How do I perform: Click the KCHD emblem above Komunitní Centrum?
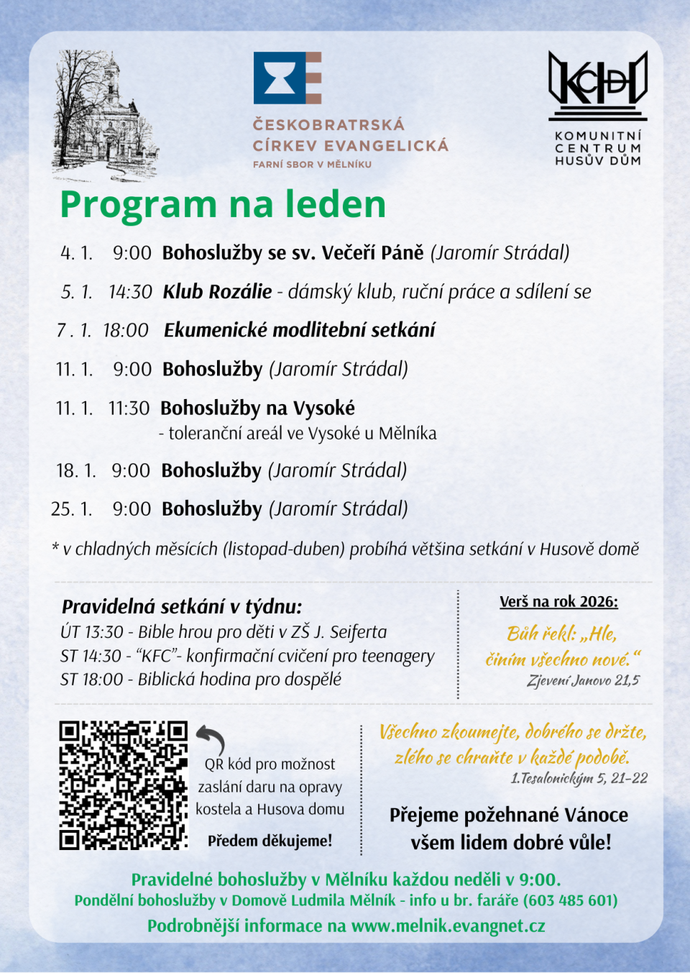point(597,81)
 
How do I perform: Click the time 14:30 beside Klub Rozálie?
point(130,292)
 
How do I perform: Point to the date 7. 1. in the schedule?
point(74,330)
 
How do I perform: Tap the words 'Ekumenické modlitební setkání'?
point(299,330)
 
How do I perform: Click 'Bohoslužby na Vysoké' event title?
point(257,408)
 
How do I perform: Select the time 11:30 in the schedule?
point(129,408)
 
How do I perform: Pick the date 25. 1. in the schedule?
point(72,509)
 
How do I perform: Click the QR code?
point(123,785)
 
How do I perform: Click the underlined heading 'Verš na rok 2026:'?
point(558,602)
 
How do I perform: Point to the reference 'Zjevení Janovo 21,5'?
point(583,680)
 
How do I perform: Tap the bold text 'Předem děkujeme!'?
point(270,841)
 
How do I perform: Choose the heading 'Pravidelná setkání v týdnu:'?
point(182,606)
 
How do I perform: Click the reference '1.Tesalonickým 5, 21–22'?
point(579,778)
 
